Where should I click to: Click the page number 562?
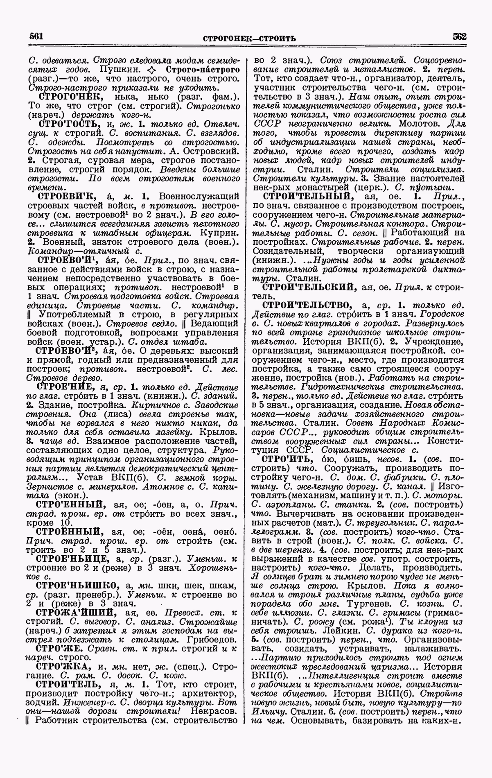tap(459, 36)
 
